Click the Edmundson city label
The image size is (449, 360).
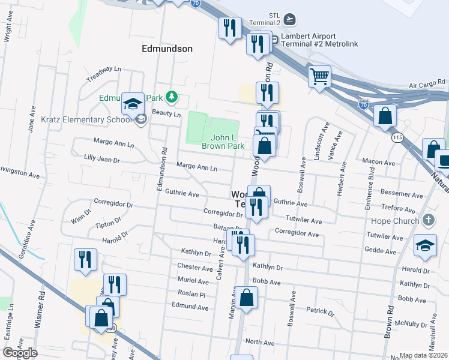167,49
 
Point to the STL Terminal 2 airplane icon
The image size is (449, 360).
291,19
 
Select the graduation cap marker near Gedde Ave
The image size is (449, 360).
425,246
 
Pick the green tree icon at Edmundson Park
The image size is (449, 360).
172,97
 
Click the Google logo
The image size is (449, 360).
20,353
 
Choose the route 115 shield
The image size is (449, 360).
397,138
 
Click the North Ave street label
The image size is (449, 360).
260,343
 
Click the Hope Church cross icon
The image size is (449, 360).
428,220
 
